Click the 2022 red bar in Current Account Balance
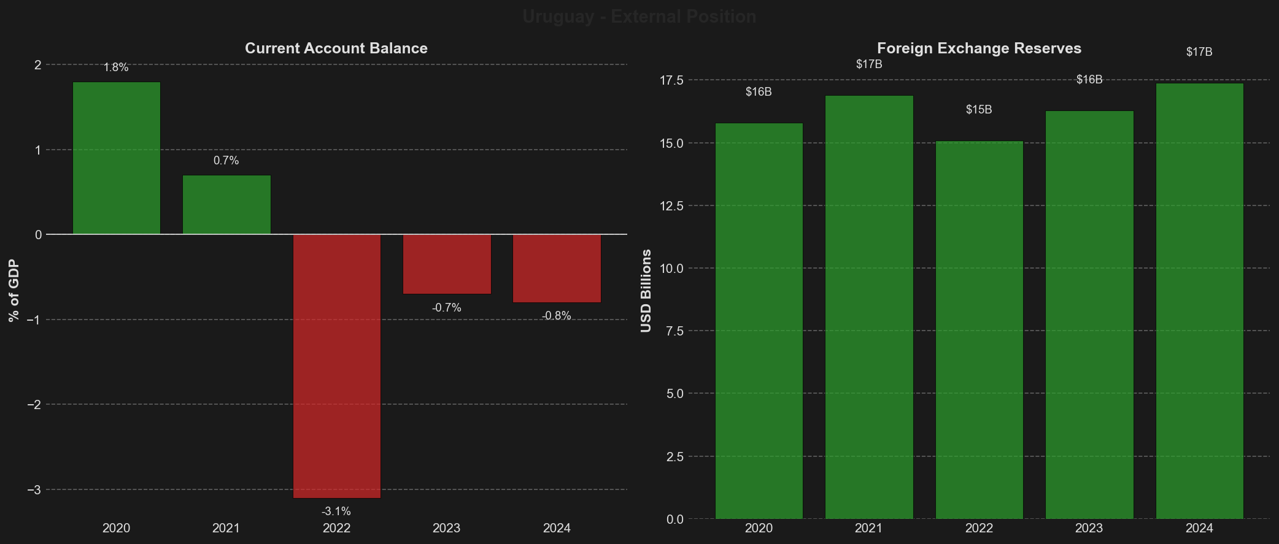(336, 366)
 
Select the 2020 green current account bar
(117, 158)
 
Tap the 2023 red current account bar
(447, 264)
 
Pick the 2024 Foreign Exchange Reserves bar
(1199, 301)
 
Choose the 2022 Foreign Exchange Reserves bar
(979, 330)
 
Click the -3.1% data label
(336, 511)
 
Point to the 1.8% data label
(116, 67)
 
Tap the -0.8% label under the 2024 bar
(557, 316)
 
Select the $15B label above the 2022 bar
(979, 110)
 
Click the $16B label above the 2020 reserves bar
(759, 92)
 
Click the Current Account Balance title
(336, 48)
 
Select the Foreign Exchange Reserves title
(979, 48)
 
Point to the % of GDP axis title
(14, 291)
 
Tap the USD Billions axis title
(646, 291)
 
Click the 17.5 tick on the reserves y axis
(671, 80)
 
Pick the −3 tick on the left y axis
(34, 490)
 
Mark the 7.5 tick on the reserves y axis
(674, 331)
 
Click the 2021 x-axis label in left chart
(226, 528)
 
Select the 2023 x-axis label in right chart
(1089, 528)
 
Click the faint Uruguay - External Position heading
(639, 17)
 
